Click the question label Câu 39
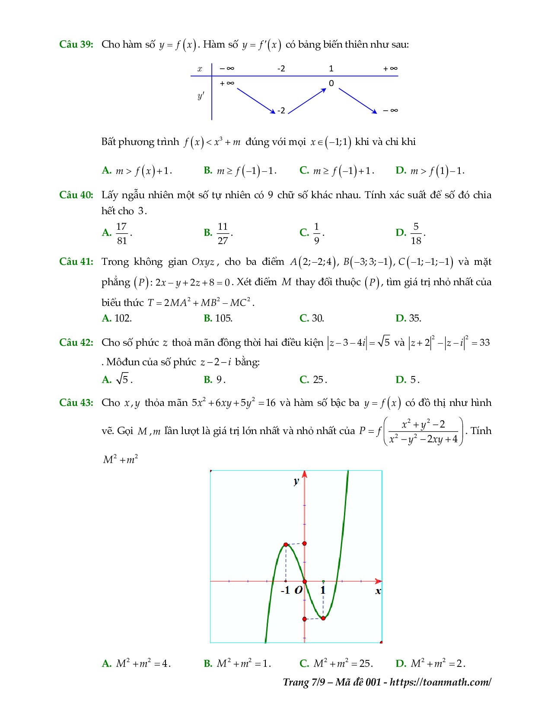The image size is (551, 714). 76,45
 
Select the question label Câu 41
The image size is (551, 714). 76,262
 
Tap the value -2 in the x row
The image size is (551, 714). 281,68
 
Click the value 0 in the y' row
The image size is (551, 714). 331,84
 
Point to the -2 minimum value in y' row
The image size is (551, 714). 281,111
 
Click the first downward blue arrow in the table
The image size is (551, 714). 256,100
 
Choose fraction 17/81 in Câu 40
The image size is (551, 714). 122,233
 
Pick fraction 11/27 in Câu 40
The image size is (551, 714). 223,233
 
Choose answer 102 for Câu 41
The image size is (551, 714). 123,318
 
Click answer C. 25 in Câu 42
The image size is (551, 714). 318,380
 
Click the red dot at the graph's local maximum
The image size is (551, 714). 286,544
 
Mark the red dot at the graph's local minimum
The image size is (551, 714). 323,618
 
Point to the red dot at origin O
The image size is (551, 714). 305,581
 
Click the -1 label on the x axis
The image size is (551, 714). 285,590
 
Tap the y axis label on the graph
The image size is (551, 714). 296,481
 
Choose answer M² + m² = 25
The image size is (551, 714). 342,663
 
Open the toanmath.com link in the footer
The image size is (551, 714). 440,682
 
